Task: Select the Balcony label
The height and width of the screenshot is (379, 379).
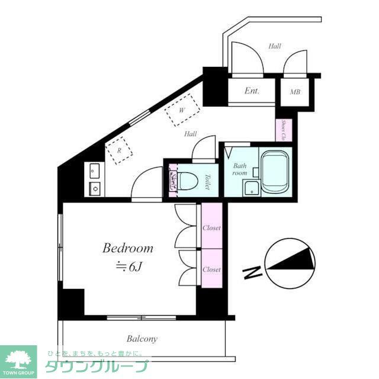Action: (x=142, y=339)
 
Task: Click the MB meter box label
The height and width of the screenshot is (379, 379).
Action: (x=294, y=92)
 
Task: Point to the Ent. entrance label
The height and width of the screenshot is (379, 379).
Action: (x=252, y=91)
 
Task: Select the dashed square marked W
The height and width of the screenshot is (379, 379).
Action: (x=182, y=111)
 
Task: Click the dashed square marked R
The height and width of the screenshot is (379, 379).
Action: (x=119, y=150)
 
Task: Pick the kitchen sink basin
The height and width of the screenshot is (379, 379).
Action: (x=95, y=172)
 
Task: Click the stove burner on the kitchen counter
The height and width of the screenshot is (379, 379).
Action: (x=95, y=189)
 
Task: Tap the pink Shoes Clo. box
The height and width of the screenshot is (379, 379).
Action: (x=283, y=130)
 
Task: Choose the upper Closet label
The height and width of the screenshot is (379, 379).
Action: (x=211, y=228)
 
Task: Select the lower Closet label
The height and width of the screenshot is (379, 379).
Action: (x=211, y=269)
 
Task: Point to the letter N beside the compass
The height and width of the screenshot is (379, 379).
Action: (x=253, y=274)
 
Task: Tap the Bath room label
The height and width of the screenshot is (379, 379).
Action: (x=239, y=169)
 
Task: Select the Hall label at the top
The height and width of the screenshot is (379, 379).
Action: (x=274, y=46)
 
